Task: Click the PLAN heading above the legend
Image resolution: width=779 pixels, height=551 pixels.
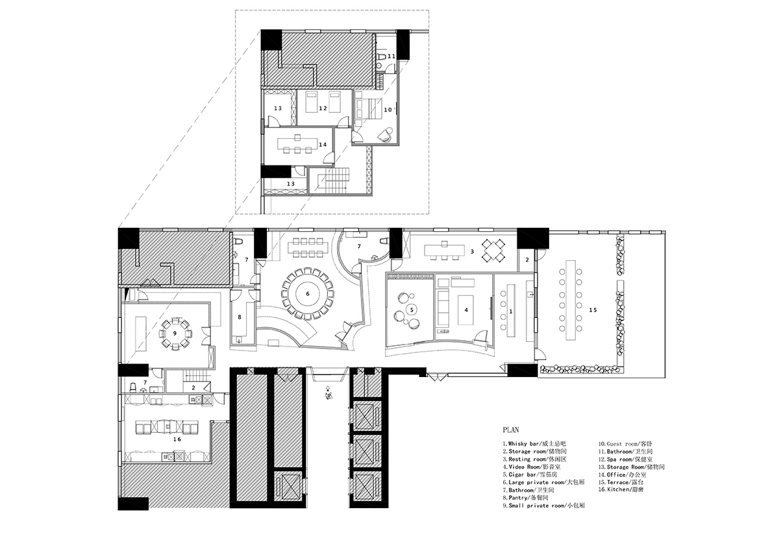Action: (510, 430)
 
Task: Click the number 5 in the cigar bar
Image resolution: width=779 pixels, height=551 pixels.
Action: (411, 310)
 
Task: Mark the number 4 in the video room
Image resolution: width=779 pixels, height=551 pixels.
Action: (466, 310)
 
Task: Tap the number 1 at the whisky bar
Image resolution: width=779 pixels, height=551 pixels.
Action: (511, 312)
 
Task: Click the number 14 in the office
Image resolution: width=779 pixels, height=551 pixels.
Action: (321, 144)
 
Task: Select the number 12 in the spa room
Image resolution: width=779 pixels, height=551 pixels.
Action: (322, 108)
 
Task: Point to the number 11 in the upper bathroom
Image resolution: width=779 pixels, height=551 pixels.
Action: (391, 56)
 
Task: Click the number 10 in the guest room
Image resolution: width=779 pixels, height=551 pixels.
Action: (387, 110)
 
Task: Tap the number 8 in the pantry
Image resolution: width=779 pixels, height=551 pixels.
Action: (240, 317)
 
